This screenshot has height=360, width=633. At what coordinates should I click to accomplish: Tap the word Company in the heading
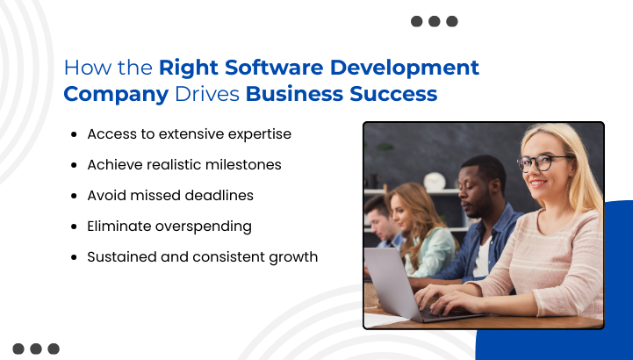pos(116,94)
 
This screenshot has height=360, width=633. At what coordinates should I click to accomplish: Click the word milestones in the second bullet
pos(263,165)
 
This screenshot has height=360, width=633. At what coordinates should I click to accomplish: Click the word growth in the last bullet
pos(293,257)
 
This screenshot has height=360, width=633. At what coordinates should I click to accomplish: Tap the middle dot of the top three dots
pos(434,21)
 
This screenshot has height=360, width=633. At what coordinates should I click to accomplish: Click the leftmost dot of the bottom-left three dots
pos(18,349)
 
